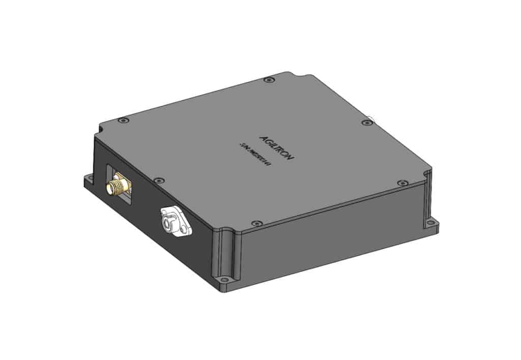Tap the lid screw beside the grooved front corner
point(257,223)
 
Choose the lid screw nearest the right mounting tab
point(402,182)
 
